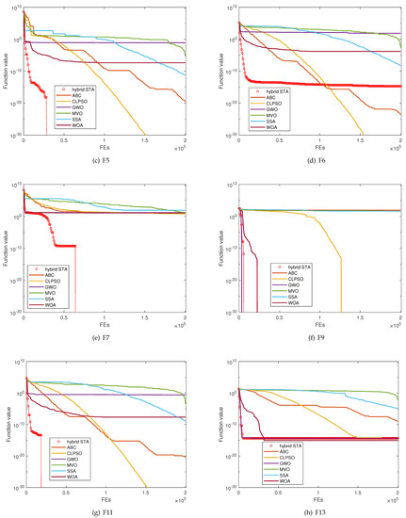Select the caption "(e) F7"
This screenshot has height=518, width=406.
click(104, 332)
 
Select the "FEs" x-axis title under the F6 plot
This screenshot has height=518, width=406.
click(320, 147)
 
